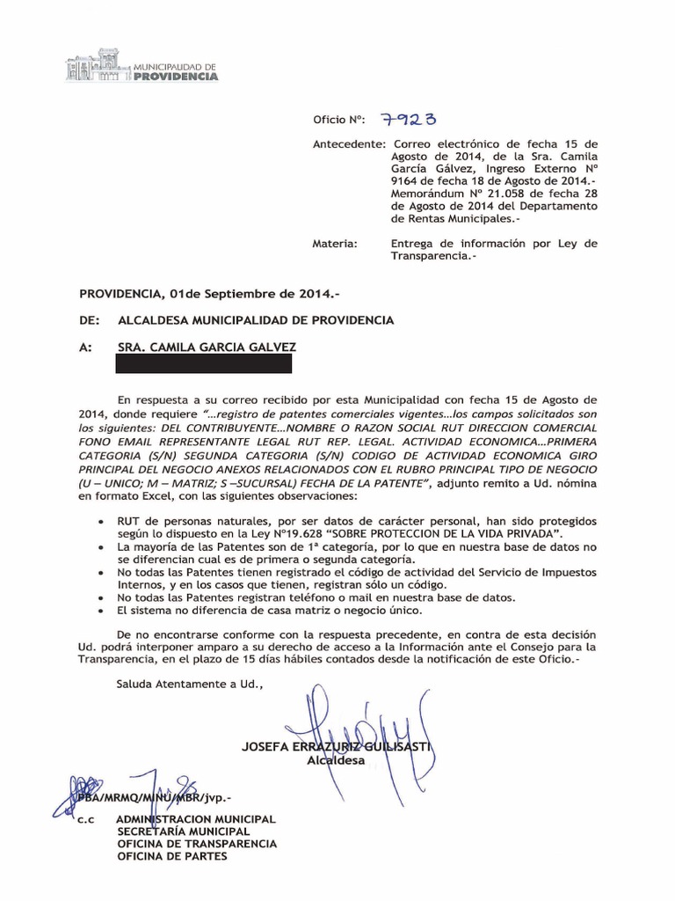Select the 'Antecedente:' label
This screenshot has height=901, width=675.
[349, 143]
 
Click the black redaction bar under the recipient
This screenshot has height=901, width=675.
[204, 363]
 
